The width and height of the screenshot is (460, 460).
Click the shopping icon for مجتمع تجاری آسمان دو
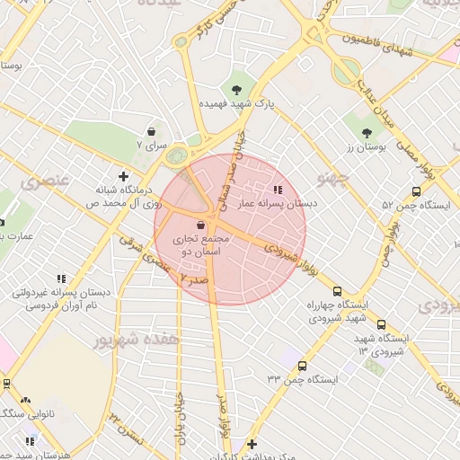(199, 225)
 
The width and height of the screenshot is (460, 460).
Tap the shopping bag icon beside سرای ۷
(151, 130)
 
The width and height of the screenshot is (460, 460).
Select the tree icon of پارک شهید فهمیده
(236, 89)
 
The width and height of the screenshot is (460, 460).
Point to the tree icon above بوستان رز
(367, 133)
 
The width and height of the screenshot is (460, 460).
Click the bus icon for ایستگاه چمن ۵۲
(415, 191)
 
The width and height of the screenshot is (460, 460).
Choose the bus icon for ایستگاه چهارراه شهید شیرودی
(337, 291)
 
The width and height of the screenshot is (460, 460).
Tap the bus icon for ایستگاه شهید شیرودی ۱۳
(381, 324)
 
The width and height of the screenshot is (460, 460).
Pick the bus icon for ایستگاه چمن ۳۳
(301, 366)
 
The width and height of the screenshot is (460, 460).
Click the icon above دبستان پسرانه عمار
(277, 190)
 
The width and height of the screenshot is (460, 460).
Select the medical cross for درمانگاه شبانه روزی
(124, 176)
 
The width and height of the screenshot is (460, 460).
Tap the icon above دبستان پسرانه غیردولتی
(61, 279)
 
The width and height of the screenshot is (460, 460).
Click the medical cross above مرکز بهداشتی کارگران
(252, 444)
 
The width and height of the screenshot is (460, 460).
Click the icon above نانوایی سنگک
(25, 400)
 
